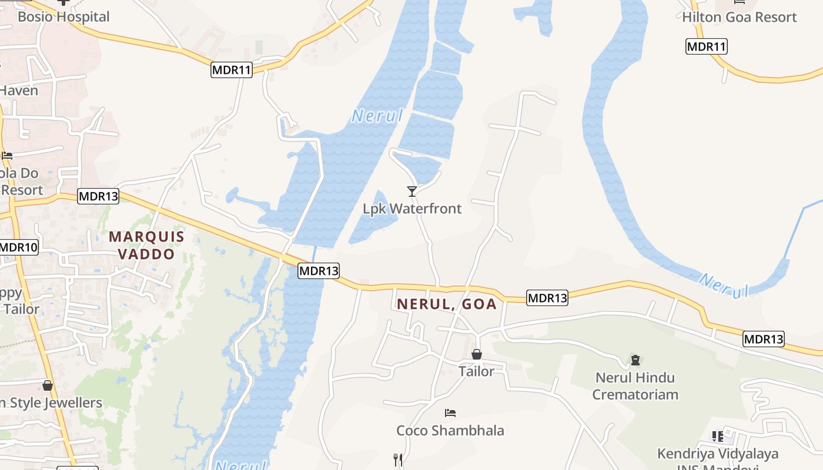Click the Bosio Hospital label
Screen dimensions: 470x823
tap(63, 16)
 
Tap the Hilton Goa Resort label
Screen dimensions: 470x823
tap(739, 17)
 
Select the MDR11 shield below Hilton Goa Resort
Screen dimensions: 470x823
tap(706, 46)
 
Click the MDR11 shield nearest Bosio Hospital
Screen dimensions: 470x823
tap(232, 70)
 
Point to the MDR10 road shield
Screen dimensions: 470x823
tap(18, 247)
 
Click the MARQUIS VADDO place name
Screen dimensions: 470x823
tap(146, 245)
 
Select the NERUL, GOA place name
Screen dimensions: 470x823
tap(447, 304)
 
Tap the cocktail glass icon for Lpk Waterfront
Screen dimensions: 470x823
tap(412, 192)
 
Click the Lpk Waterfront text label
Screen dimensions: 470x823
tap(412, 209)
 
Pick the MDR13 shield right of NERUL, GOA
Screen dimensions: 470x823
tap(547, 298)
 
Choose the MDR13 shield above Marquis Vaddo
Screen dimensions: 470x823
tap(98, 196)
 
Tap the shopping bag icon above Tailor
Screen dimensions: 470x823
tap(477, 354)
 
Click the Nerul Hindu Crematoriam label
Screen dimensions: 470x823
tap(635, 385)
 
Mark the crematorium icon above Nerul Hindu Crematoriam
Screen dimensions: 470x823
tap(635, 360)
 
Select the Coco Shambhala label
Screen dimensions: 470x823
tap(450, 431)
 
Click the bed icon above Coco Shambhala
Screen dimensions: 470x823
tap(450, 413)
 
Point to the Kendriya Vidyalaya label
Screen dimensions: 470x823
tap(718, 454)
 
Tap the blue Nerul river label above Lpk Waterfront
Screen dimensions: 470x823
tap(378, 116)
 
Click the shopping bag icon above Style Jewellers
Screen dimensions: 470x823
tap(48, 385)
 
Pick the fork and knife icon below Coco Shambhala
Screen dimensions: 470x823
tap(399, 459)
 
